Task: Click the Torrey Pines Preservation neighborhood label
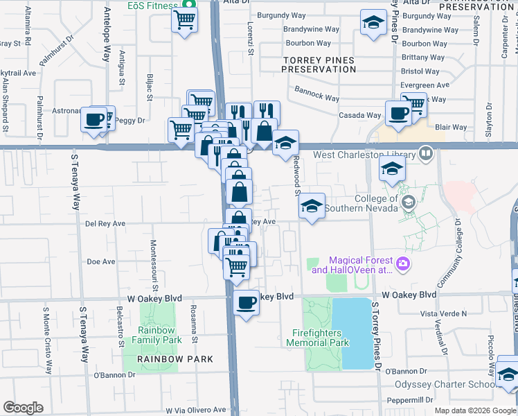tap(319, 64)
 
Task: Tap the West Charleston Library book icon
tap(426, 153)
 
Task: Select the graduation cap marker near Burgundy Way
tap(373, 23)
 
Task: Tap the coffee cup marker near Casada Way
tap(398, 113)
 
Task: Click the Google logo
tap(23, 408)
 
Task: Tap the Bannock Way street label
tap(317, 94)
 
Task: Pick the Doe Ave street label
tap(100, 261)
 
